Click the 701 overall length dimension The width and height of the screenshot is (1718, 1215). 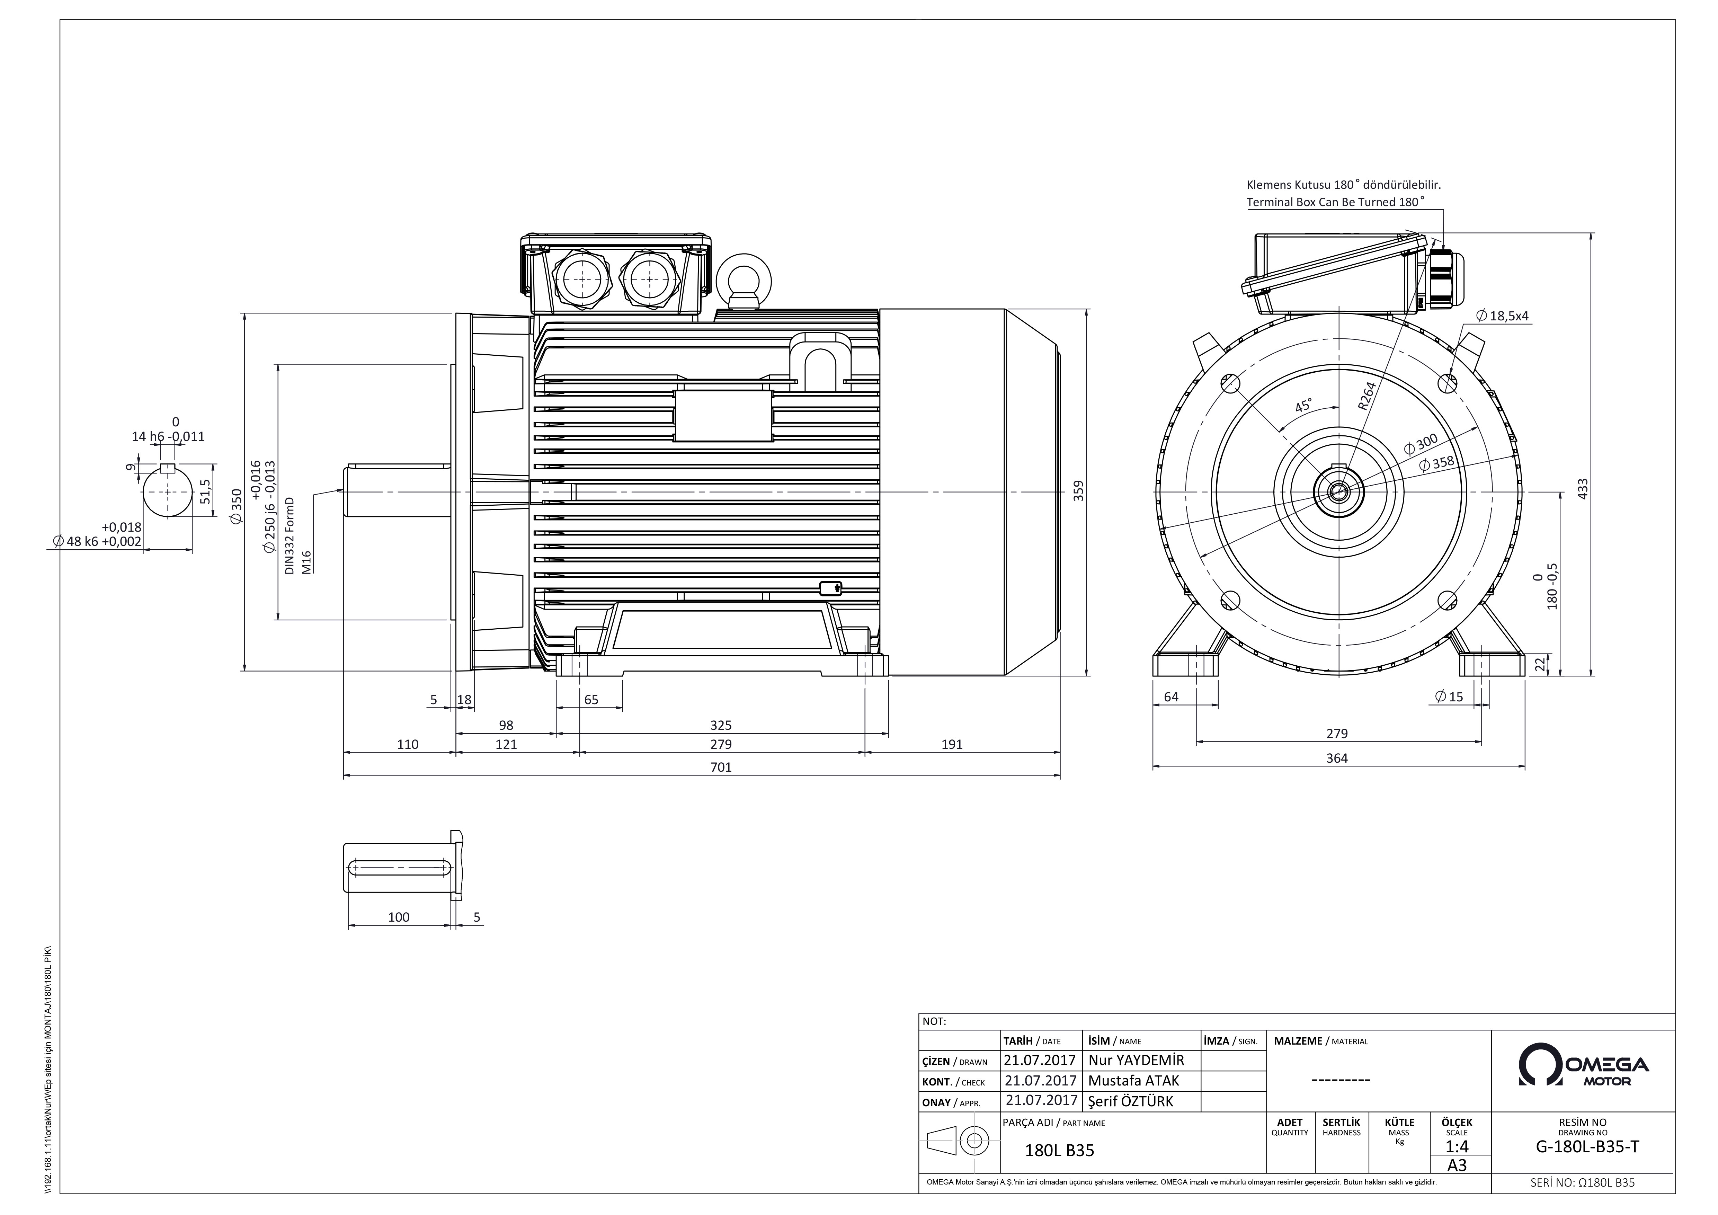721,767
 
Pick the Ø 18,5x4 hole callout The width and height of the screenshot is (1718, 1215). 1503,316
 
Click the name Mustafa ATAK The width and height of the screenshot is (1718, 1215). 1133,1080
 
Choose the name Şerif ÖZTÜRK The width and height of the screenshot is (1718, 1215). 1131,1101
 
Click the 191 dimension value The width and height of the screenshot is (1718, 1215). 952,744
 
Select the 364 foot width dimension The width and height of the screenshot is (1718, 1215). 1337,758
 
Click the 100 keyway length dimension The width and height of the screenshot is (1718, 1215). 399,917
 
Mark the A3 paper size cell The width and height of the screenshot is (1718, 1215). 1457,1165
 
